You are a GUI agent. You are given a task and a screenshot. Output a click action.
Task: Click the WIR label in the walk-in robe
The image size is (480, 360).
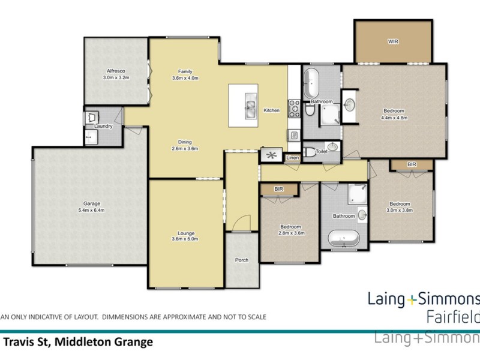coord(393,41)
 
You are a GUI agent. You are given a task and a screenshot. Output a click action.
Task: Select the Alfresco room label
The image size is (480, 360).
coord(115,74)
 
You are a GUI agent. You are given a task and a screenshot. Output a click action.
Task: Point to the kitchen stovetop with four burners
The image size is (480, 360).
coord(294,107)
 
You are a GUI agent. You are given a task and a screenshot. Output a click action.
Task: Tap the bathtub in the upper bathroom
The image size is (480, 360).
coord(311,84)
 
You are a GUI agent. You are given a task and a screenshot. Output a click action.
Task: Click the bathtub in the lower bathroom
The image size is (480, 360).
coord(343,238)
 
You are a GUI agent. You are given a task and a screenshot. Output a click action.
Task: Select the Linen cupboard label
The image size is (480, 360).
coord(292,158)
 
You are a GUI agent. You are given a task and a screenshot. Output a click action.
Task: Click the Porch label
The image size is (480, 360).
coord(242,260)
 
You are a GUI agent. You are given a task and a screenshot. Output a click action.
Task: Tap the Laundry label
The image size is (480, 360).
coord(103,126)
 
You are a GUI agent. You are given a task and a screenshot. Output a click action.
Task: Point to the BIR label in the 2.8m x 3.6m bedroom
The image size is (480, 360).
coord(278,190)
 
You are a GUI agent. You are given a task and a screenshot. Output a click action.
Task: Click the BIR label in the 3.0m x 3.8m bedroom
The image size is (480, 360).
coord(412,164)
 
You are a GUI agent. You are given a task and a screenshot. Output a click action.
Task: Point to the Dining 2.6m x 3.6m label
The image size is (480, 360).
coord(185,145)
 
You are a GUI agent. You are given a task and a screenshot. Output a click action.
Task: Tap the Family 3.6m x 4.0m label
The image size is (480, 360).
coord(185,74)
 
